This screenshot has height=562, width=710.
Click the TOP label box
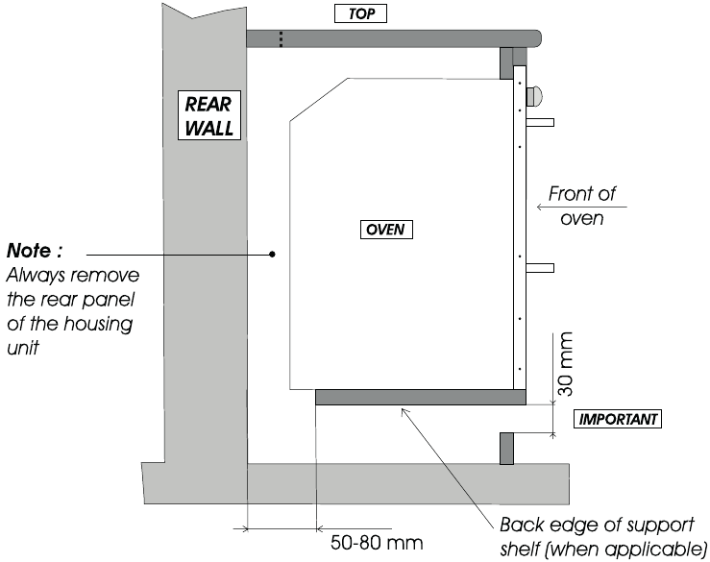click(x=360, y=13)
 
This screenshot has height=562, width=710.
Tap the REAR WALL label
click(x=208, y=115)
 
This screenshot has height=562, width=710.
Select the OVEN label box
click(x=386, y=230)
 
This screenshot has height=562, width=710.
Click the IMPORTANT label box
click(x=618, y=419)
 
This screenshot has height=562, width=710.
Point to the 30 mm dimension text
click(x=566, y=364)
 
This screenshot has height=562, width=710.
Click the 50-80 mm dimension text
click(x=377, y=542)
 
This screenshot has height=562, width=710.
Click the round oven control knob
click(x=534, y=96)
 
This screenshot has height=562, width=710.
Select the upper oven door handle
click(x=540, y=122)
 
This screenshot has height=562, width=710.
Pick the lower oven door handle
click(x=540, y=268)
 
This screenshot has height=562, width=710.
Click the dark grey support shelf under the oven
click(x=421, y=397)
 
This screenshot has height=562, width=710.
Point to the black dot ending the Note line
click(x=272, y=255)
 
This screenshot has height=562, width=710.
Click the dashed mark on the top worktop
click(x=282, y=39)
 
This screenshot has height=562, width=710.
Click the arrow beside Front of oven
click(x=582, y=207)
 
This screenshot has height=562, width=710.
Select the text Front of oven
click(x=582, y=206)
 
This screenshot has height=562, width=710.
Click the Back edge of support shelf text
click(x=603, y=537)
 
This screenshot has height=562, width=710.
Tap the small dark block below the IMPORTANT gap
click(x=506, y=449)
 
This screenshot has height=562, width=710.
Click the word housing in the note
click(x=98, y=325)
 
